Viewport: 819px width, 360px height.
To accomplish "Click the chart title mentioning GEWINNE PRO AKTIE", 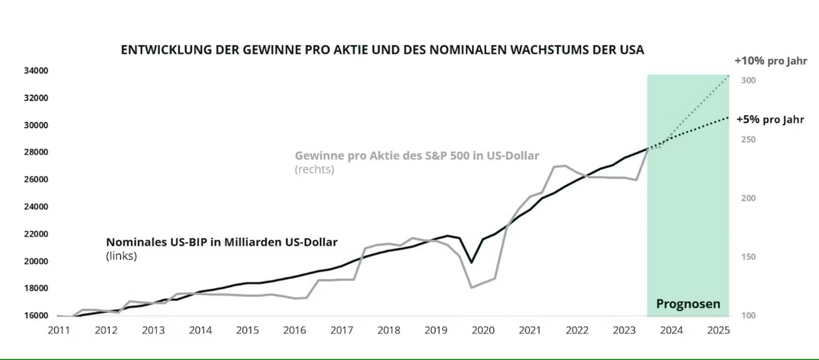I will pos(382,50).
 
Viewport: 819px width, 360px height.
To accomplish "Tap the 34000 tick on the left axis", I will pos(36,71).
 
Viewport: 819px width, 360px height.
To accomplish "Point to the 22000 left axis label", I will pos(36,234).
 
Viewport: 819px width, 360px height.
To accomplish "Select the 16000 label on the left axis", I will pos(36,315).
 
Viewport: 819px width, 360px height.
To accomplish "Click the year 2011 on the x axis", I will pos(59,330).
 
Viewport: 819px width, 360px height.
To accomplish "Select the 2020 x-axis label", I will pos(483,330).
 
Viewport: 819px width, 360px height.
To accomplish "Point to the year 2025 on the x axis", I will pos(718,330).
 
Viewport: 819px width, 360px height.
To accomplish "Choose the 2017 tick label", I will pos(342,330).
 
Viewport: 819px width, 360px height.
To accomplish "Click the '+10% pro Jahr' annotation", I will pos(771,61).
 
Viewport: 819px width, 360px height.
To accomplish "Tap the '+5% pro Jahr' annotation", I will pos(770,120).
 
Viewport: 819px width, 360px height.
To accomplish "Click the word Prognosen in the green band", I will pos(688,304).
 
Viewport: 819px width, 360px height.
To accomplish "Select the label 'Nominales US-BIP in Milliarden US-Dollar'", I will pos(222,243).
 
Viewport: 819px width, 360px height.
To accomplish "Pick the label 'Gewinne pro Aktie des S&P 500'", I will pos(417,156).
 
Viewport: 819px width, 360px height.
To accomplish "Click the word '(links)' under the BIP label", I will pos(121,257).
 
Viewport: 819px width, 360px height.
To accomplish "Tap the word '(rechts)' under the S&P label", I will pos(314,169).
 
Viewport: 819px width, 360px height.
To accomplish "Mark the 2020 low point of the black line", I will pos(471,262).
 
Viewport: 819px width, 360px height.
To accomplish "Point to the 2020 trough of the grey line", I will pos(472,288).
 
